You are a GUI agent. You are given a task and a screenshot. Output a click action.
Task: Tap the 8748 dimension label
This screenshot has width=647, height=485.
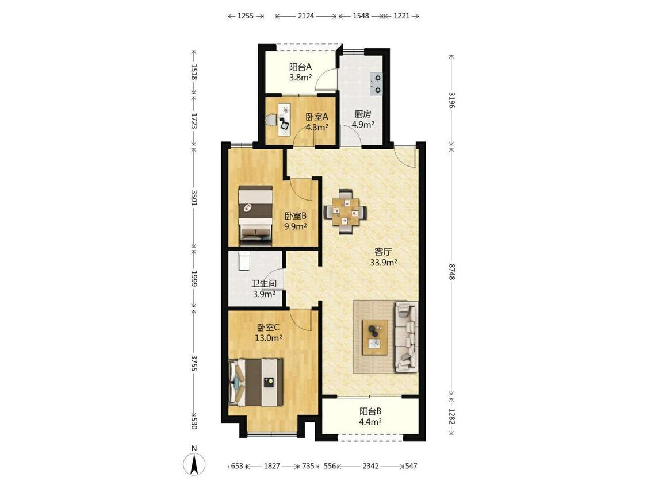tap(451, 272)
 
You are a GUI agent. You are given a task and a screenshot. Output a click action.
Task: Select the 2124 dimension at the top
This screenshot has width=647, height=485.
tap(306, 16)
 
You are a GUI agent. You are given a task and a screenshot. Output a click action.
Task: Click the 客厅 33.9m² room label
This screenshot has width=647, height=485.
tap(384, 257)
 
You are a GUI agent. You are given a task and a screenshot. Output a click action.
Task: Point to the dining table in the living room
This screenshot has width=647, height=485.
tap(346, 211)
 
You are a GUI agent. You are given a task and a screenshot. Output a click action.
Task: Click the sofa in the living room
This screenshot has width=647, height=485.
tap(407, 336)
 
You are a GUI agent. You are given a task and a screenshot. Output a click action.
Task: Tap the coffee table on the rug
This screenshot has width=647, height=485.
tap(374, 337)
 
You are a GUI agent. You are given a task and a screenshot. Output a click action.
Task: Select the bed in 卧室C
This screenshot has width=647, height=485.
tap(256, 382)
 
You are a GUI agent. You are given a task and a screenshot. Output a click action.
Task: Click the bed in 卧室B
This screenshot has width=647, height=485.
tap(256, 213)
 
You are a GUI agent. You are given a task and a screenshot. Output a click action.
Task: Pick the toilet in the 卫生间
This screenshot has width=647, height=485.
tap(244, 261)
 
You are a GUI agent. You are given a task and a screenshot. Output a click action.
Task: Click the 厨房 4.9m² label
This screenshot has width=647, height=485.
tap(363, 119)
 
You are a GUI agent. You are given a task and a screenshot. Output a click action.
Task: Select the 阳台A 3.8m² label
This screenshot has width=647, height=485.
tap(300, 72)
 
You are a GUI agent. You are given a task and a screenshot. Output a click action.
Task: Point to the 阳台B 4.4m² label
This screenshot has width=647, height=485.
tap(370, 416)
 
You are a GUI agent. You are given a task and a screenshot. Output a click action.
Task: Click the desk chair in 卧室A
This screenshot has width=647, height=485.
tap(272, 120)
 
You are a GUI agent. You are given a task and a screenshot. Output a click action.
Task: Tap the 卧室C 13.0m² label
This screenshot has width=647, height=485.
tap(268, 333)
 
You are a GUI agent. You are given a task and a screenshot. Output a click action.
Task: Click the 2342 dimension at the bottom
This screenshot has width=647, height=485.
tap(370, 466)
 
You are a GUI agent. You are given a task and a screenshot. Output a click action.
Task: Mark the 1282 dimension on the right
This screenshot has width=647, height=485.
tap(451, 416)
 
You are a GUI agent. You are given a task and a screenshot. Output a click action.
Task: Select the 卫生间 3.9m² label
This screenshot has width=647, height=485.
tap(264, 288)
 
